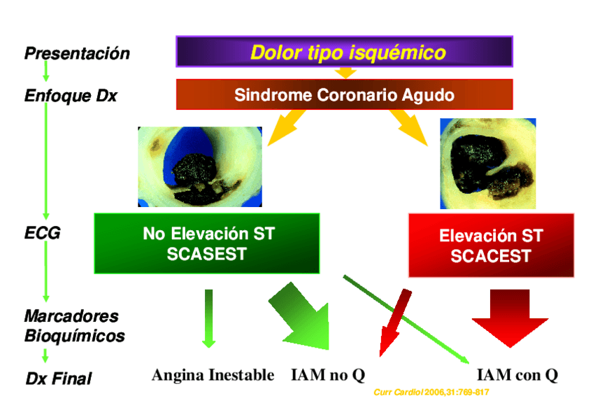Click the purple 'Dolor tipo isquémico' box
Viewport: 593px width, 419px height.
[344, 52]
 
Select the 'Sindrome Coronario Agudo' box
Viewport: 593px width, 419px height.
[344, 94]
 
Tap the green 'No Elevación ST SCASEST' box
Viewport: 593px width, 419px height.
[207, 243]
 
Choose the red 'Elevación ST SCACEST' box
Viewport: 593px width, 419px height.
[491, 246]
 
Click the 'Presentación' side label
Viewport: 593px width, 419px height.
[77, 53]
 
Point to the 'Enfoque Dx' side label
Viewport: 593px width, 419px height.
[71, 96]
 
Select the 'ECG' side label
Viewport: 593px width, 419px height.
[42, 233]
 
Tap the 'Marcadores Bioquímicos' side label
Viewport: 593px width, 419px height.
[75, 326]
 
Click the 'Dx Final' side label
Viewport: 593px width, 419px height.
[59, 378]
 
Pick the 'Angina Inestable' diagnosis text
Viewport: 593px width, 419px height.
[213, 375]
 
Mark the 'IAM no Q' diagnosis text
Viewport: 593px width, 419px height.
[328, 375]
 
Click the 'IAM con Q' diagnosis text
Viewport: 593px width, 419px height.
[517, 375]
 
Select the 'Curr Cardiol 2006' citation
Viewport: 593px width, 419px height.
[431, 392]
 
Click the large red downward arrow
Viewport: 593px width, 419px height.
[510, 318]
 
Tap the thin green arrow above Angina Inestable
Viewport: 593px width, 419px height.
[209, 318]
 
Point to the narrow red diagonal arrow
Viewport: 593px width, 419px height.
[395, 322]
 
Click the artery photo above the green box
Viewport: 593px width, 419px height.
[200, 166]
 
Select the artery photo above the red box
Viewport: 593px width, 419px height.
[488, 164]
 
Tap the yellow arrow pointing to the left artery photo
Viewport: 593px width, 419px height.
[285, 128]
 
